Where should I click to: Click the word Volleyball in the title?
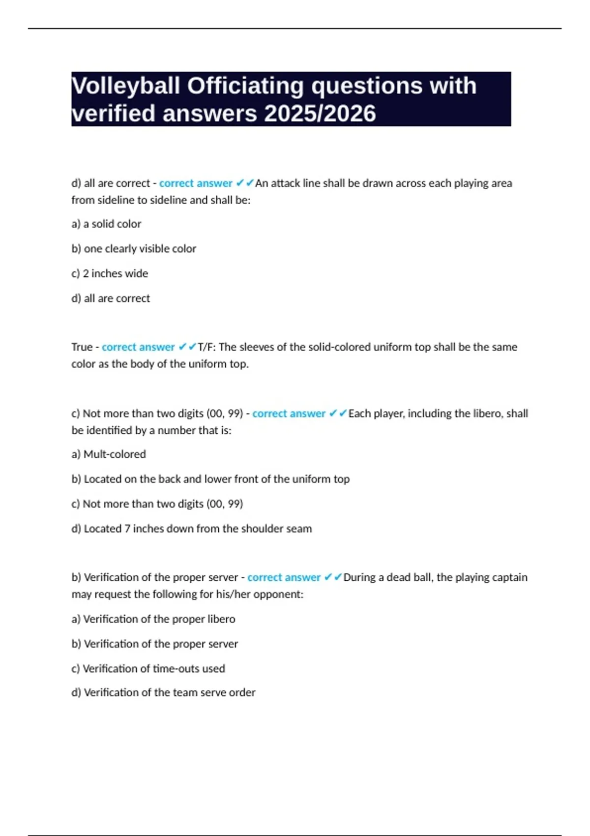click(126, 86)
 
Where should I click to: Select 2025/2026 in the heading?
click(320, 114)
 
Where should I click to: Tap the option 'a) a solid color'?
click(106, 224)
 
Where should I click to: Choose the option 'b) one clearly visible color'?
click(134, 249)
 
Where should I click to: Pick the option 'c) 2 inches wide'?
click(110, 273)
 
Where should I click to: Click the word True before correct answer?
click(82, 347)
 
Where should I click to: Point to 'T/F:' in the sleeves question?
click(206, 347)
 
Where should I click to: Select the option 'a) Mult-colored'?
click(109, 454)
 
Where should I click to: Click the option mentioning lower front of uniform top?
click(210, 479)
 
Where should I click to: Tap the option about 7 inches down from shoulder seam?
click(192, 529)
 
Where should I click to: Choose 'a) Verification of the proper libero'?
click(153, 619)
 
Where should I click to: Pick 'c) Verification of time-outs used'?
click(148, 669)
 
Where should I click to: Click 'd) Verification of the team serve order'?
click(163, 692)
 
